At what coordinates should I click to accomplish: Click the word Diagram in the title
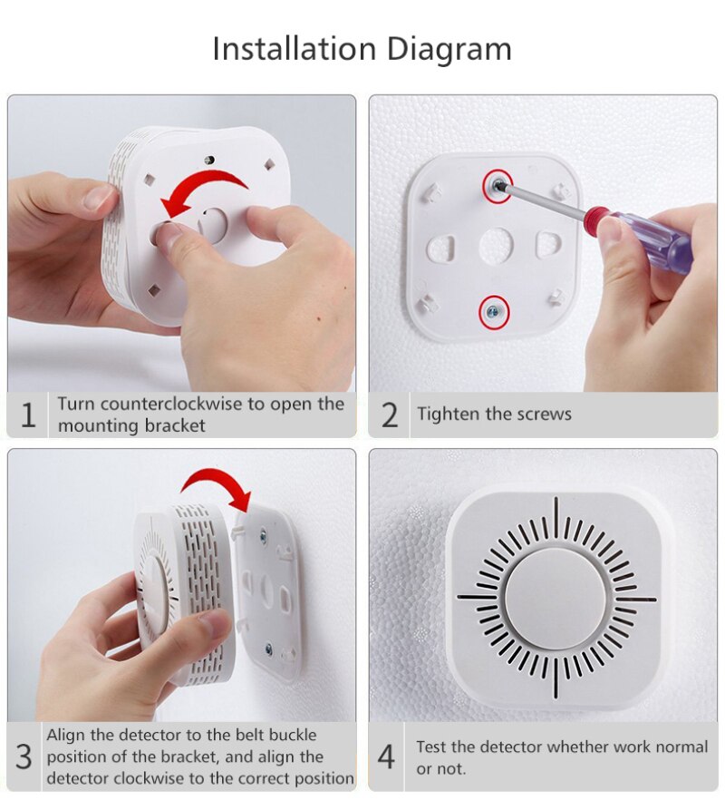click(x=449, y=48)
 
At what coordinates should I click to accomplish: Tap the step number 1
click(x=28, y=415)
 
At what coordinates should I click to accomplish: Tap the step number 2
click(x=389, y=415)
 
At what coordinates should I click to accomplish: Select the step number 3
click(x=24, y=756)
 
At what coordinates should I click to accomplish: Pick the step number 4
click(x=387, y=756)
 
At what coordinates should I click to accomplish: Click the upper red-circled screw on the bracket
click(x=497, y=185)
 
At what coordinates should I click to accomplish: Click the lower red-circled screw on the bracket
click(x=495, y=312)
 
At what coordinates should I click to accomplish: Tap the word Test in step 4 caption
click(x=431, y=747)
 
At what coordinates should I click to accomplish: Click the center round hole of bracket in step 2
click(x=496, y=242)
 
